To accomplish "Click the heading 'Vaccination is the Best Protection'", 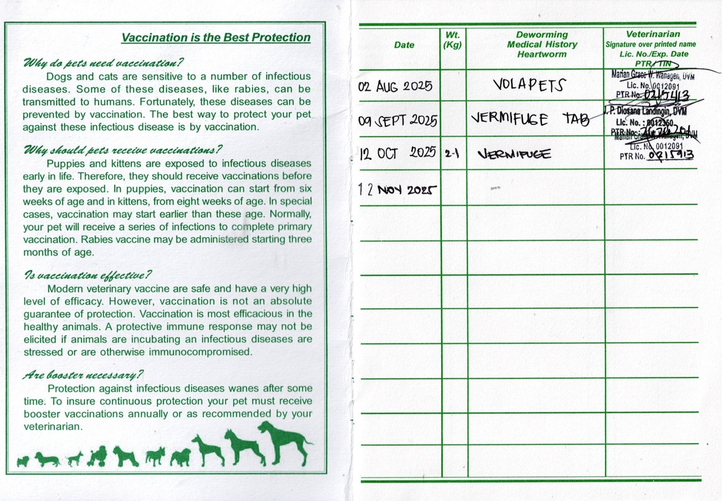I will click(x=216, y=38).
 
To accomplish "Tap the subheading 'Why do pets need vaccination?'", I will click(x=103, y=63).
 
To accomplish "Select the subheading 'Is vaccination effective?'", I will click(x=88, y=276).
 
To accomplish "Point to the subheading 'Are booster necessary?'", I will click(x=83, y=375).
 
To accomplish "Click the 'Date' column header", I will click(x=404, y=45).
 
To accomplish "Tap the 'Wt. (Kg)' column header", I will click(x=453, y=40).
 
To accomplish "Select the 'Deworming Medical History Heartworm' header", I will click(x=542, y=45).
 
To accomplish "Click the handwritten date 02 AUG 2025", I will click(x=395, y=86).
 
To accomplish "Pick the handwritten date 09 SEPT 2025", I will click(x=397, y=121).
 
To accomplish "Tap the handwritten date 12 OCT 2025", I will click(x=398, y=153).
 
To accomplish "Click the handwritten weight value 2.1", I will click(x=452, y=154).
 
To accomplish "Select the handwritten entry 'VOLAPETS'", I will click(x=529, y=85).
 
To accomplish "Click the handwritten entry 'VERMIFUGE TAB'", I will click(x=530, y=119).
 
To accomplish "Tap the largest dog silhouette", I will click(x=283, y=443).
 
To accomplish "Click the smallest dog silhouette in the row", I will click(x=22, y=461).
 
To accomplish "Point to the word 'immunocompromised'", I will click(x=201, y=352).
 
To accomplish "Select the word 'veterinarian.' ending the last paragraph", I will click(x=53, y=426).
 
